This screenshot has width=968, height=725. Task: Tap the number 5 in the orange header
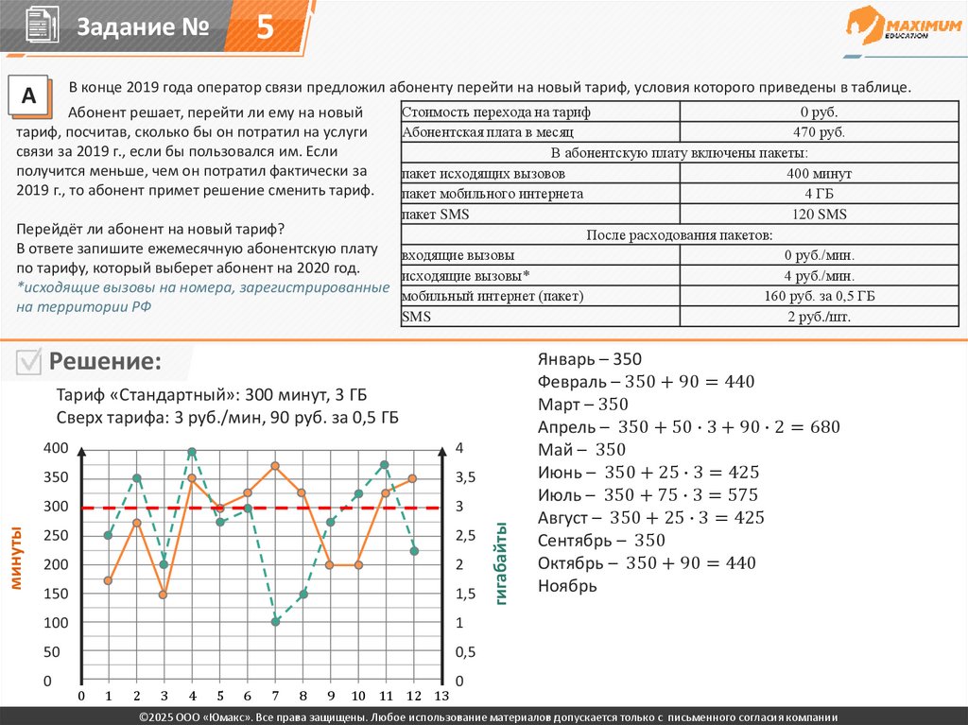click(x=266, y=28)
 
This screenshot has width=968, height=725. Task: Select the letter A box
click(x=28, y=96)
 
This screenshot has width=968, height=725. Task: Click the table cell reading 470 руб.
click(x=819, y=132)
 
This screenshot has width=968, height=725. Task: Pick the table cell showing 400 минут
click(x=819, y=174)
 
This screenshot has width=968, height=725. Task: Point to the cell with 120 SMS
click(x=819, y=215)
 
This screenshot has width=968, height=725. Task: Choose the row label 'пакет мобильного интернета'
click(x=493, y=194)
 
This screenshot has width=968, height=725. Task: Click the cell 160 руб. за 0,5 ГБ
click(x=819, y=296)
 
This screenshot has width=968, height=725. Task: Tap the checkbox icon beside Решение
click(x=29, y=361)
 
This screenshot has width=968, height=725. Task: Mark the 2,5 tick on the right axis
click(x=466, y=536)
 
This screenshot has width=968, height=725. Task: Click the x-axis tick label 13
click(x=441, y=697)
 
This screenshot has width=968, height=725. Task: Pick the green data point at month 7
click(x=275, y=621)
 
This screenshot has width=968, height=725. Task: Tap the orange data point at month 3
click(x=164, y=595)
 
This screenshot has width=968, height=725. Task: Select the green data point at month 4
click(x=192, y=452)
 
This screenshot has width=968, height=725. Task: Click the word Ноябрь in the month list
click(x=567, y=586)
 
